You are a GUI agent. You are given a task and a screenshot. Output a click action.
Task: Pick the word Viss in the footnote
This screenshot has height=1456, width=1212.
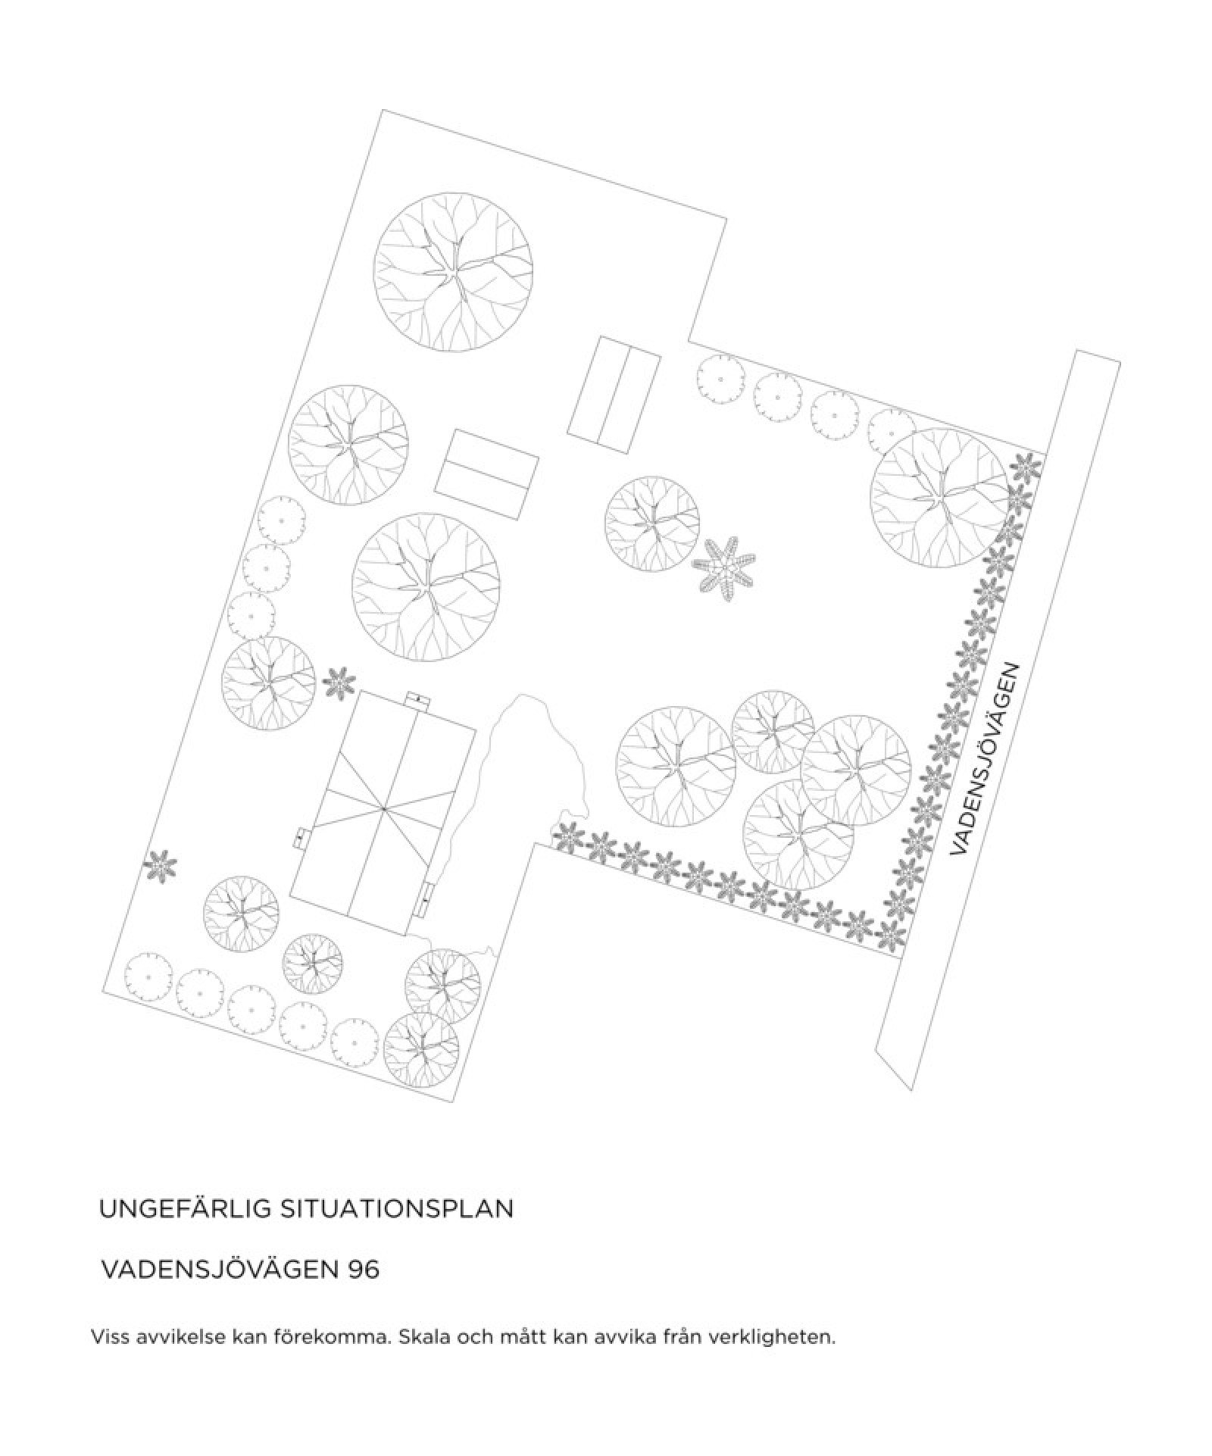pos(108,1336)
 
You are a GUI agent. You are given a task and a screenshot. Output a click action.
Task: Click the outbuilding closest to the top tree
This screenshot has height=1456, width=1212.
pos(613,394)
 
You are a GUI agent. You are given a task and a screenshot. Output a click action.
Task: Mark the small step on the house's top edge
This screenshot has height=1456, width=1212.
pos(417,698)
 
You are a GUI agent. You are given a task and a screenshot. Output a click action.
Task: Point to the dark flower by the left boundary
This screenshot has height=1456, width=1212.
pos(160,865)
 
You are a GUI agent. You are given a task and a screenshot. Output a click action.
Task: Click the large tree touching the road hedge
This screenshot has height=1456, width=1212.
pos(940,496)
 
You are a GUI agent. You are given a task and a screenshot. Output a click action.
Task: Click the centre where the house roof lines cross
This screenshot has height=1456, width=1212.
pos(384,810)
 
